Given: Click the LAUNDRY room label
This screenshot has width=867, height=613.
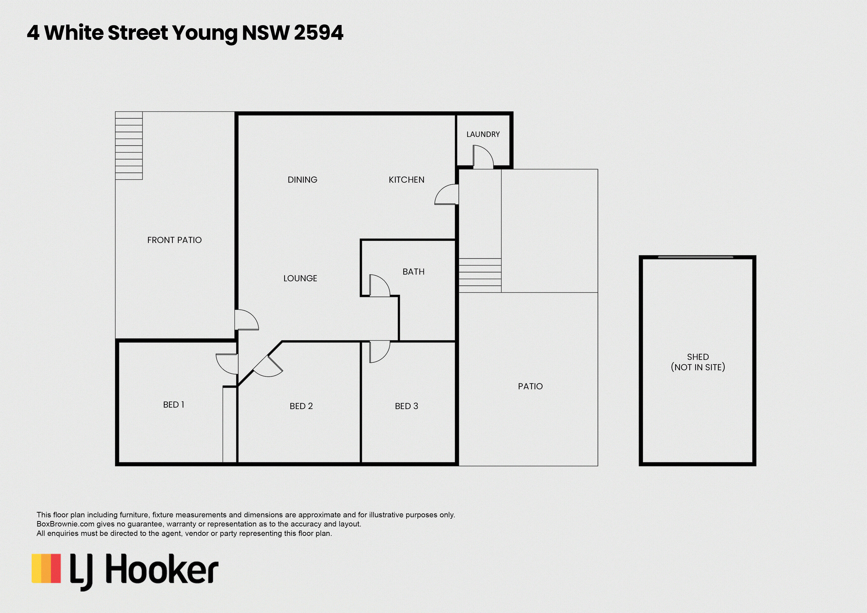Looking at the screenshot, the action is tap(483, 134).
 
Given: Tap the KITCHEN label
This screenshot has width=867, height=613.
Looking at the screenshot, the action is tap(406, 180).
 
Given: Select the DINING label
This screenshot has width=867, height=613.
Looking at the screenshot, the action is tap(303, 180).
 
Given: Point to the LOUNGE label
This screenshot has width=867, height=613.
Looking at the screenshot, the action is tap(300, 278).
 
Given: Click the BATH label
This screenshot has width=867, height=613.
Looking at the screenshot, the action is tap(413, 272).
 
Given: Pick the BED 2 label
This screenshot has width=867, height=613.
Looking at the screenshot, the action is tap(301, 406).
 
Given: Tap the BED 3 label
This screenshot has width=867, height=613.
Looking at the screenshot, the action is tap(406, 406).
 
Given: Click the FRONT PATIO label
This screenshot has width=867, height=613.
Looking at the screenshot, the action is tap(174, 240).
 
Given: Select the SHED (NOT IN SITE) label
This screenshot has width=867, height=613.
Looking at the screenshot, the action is tap(698, 362).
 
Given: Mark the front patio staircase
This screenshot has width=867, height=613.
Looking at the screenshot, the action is tap(129, 145).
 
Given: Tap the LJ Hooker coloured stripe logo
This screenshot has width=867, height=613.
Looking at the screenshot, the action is tap(46, 569).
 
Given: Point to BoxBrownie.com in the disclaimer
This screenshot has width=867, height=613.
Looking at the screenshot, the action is tap(65, 524).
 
